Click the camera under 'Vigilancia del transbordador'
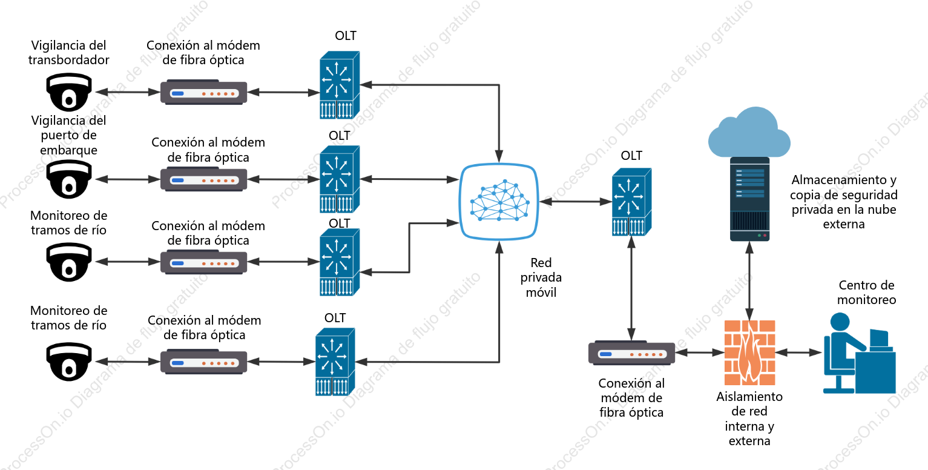(x=69, y=92)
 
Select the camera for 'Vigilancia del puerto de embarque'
(x=69, y=179)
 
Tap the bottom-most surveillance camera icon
(x=69, y=362)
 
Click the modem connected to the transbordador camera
(x=203, y=92)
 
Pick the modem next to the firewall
(x=631, y=353)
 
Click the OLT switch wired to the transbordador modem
(x=340, y=85)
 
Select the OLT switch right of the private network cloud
(x=631, y=202)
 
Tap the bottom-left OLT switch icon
(x=335, y=362)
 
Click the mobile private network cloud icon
(x=499, y=202)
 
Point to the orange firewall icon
(x=749, y=352)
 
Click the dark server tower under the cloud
(x=749, y=199)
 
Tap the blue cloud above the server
(x=749, y=132)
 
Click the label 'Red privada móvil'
(x=541, y=277)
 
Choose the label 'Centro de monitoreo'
(x=866, y=292)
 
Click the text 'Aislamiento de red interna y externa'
(x=749, y=419)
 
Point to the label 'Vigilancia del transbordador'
(x=69, y=52)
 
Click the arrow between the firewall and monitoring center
(x=798, y=352)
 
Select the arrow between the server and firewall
(x=749, y=280)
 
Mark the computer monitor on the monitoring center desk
(x=879, y=340)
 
